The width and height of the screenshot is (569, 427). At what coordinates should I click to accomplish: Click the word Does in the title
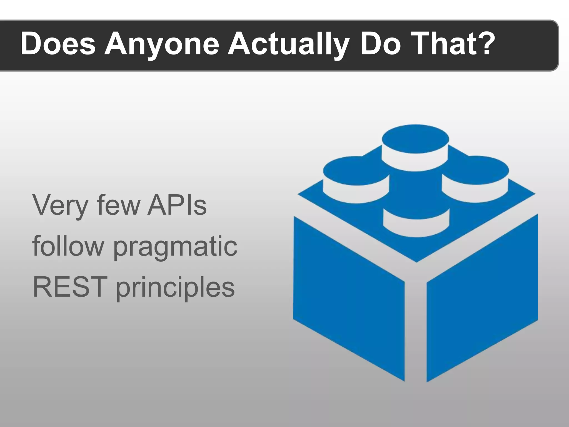[58, 44]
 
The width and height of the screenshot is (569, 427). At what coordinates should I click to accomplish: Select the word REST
[70, 287]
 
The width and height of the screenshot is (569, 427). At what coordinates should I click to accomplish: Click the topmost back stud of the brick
[415, 147]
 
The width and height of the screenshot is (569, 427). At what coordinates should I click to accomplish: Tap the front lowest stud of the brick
[416, 222]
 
